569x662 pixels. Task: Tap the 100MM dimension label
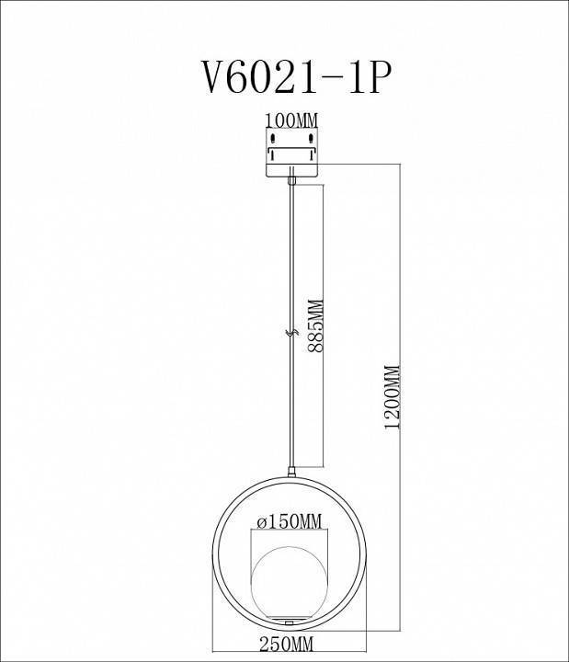tap(291, 120)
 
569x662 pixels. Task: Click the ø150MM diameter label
tap(290, 521)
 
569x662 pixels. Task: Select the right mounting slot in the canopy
tap(312, 139)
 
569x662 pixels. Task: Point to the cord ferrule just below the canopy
tap(290, 183)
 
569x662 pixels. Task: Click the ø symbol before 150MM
tap(261, 521)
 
